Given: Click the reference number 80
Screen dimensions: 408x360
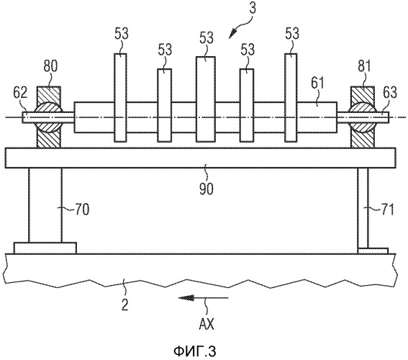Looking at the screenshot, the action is coord(50,66).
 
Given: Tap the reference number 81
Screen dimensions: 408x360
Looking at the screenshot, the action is coord(364,66).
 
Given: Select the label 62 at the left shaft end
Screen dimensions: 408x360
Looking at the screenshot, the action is coord(21,93).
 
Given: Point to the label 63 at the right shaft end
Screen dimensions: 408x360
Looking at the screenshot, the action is coord(389,93).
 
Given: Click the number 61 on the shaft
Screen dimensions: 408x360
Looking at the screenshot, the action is coord(318,84).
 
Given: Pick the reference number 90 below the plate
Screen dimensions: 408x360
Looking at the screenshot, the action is coord(207,189).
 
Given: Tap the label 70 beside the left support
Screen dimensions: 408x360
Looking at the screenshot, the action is coord(82,209).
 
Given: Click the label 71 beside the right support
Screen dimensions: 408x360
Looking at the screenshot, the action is coord(386,209).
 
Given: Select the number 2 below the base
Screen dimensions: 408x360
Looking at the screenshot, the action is coord(125,305).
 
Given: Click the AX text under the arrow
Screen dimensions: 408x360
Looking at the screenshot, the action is coord(207,324).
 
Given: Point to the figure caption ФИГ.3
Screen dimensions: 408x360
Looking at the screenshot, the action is coord(194,351).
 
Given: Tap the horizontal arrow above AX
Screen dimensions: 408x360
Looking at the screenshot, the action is coord(203,298).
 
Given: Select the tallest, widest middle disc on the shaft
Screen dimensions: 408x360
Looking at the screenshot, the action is coord(206,99).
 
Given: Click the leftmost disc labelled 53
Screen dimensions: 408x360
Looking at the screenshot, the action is coord(120,98).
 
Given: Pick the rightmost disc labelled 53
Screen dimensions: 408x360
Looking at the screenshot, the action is coord(291,98).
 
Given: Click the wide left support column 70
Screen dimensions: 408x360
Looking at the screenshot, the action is coord(45,205).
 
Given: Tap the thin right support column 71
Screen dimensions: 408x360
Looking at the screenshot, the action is coord(363,208).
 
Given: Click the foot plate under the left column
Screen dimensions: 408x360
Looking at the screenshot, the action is coord(45,248).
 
